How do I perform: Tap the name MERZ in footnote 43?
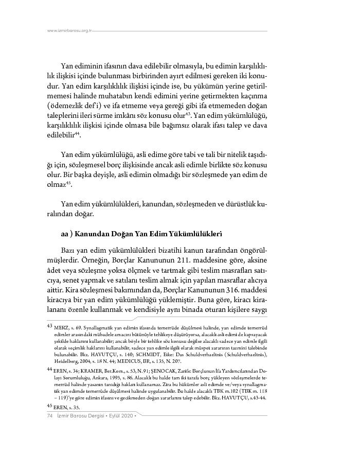point(61,327)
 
